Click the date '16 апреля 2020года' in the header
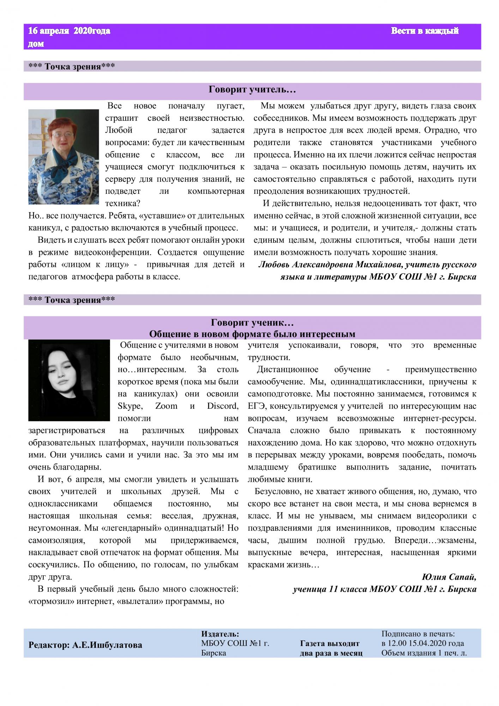(x=69, y=31)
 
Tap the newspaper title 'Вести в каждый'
(x=425, y=31)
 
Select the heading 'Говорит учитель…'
(x=252, y=90)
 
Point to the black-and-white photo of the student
(x=69, y=381)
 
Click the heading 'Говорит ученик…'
(x=252, y=323)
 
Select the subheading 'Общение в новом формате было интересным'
(x=252, y=334)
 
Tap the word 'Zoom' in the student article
(x=166, y=406)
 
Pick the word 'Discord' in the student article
(x=223, y=406)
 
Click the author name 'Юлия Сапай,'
(x=449, y=577)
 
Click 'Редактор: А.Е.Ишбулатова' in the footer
(x=85, y=645)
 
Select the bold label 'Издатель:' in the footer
(x=220, y=634)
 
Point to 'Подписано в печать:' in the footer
(x=418, y=634)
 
